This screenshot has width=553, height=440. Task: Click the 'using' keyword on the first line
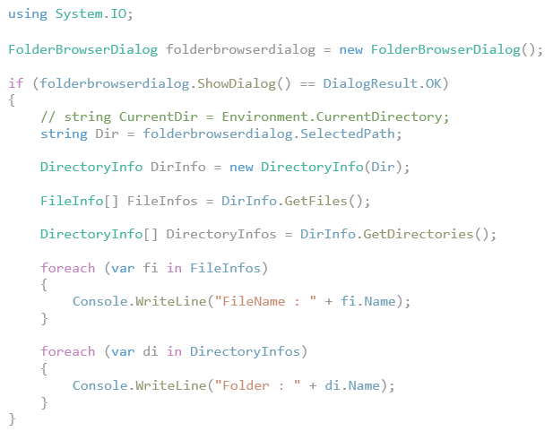[28, 14]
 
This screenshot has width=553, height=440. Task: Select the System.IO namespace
[91, 14]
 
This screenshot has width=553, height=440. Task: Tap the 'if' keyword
[16, 83]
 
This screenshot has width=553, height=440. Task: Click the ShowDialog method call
[237, 83]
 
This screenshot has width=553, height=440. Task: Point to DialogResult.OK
[382, 83]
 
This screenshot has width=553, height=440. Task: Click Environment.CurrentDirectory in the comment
[332, 116]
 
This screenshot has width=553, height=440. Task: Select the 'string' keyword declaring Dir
[64, 134]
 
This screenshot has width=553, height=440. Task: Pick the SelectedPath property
[348, 134]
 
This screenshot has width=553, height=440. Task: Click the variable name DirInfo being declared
[178, 167]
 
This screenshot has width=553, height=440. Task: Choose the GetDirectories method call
[419, 234]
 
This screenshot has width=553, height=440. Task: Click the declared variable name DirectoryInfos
[221, 234]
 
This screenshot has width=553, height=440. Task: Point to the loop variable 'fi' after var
[150, 268]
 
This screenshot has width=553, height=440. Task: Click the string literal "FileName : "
[265, 301]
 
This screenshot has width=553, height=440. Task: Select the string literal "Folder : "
[257, 385]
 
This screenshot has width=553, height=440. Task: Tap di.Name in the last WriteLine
[352, 385]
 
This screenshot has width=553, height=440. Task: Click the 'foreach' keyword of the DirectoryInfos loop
[68, 351]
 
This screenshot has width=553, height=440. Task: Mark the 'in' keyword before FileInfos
[174, 268]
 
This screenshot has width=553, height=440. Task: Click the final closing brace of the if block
[12, 419]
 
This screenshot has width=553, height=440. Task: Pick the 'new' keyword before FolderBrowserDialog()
[351, 49]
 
